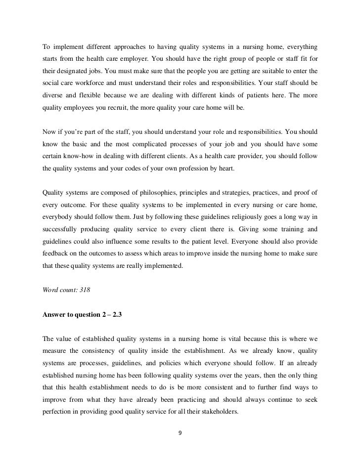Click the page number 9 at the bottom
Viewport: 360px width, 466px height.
(x=180, y=433)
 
